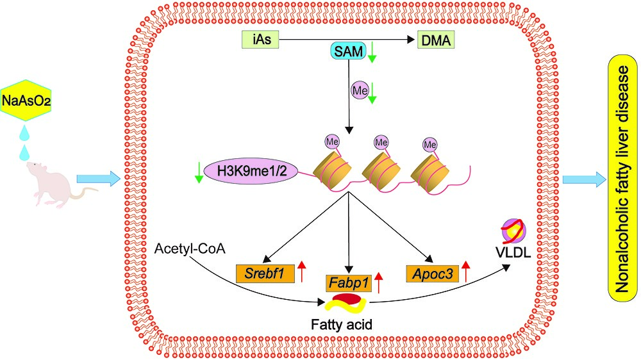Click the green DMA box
435,41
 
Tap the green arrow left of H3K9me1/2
199,171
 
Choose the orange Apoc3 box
431,273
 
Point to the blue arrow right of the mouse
97,179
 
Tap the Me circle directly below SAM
360,90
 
